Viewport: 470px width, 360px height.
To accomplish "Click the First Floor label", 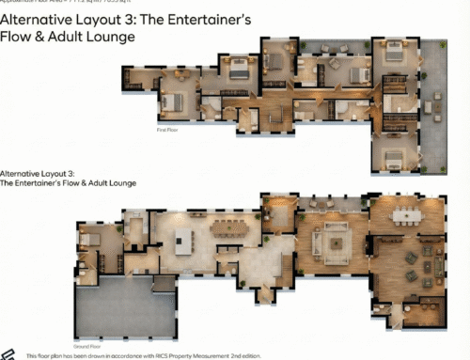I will pyautogui.click(x=166, y=132).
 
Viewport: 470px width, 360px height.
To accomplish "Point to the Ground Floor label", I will pyautogui.click(x=86, y=321).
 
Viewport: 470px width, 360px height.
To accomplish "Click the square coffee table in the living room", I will pyautogui.click(x=336, y=243).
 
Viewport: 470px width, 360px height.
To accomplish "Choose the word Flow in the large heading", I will pyautogui.click(x=18, y=37).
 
